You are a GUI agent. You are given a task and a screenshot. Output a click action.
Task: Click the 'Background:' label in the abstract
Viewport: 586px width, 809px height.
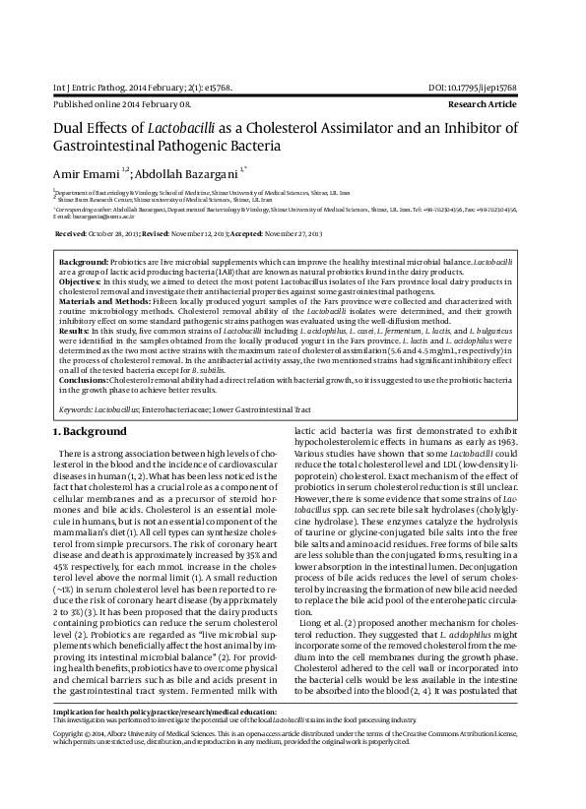(84, 265)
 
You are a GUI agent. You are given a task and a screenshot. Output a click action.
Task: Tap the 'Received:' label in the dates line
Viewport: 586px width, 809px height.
(71, 235)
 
